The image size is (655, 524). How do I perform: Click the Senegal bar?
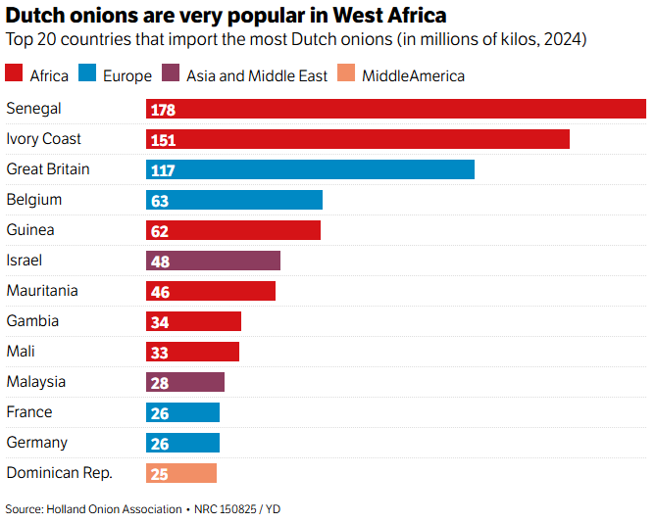tap(396, 109)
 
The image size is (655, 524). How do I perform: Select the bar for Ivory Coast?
tap(358, 139)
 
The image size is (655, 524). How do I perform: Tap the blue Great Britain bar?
tap(310, 169)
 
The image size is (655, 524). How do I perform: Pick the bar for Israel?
tap(213, 261)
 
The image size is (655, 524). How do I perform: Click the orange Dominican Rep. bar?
tap(181, 473)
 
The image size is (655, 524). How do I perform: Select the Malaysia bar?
tap(185, 382)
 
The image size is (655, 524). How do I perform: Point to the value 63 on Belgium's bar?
tap(160, 201)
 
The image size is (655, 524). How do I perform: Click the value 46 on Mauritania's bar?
tap(160, 292)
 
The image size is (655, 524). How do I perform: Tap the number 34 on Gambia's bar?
tap(160, 322)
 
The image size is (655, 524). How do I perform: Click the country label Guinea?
tap(30, 230)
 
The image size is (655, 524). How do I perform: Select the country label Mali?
tap(21, 352)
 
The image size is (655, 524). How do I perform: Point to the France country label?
tap(29, 412)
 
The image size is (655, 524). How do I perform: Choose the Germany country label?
tap(36, 443)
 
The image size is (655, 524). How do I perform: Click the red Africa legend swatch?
tap(14, 74)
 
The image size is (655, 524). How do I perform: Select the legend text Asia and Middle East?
tap(257, 75)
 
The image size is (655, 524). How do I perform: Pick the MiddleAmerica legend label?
tap(413, 75)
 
